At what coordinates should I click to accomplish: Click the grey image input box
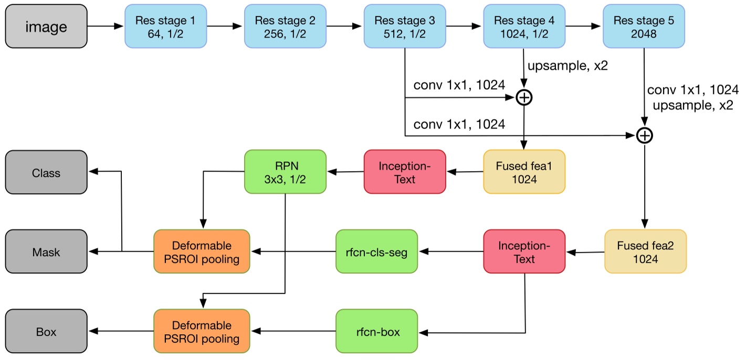pos(46,26)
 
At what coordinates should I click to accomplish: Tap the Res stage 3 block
pos(405,26)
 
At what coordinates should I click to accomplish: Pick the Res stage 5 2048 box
pos(644,26)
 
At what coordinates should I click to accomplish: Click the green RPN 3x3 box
pos(285,172)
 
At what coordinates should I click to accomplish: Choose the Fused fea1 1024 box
pos(524,172)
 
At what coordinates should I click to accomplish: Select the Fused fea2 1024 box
pos(645,251)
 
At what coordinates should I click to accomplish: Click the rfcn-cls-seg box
pos(376,251)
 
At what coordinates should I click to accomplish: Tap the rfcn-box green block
pos(376,331)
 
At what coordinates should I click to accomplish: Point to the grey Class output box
pos(46,172)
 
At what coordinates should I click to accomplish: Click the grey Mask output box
pos(46,251)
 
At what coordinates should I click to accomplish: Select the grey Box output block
pos(46,331)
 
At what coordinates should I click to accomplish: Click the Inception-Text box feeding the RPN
pos(405,172)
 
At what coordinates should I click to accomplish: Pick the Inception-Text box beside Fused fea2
pos(524,251)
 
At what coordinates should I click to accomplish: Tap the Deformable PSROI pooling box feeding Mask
pos(202,251)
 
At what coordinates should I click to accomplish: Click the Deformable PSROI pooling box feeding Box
pos(202,331)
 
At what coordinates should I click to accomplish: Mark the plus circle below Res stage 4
pos(524,97)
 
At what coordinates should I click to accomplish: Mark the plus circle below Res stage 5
pos(644,135)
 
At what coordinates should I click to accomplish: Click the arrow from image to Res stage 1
pos(106,26)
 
